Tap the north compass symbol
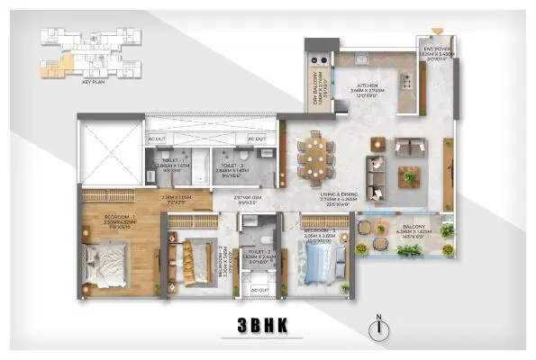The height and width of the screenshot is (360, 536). click(384, 328)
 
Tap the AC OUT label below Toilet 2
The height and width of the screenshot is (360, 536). click(259, 290)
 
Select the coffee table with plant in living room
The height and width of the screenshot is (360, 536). click(409, 175)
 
